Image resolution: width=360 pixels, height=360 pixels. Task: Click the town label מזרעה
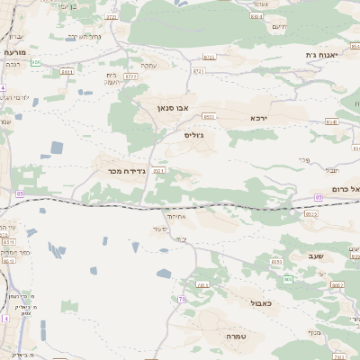pos(15,52)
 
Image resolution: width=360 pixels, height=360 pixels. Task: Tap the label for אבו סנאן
pos(171,107)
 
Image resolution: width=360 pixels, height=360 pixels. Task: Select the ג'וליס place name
pos(193,134)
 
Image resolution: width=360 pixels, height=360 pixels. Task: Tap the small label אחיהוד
pos(175,216)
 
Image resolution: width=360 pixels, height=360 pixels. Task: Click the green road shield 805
pos(288,279)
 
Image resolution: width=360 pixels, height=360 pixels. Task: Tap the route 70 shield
pos(182,299)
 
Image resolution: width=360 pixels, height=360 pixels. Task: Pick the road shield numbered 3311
pos(158,170)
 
